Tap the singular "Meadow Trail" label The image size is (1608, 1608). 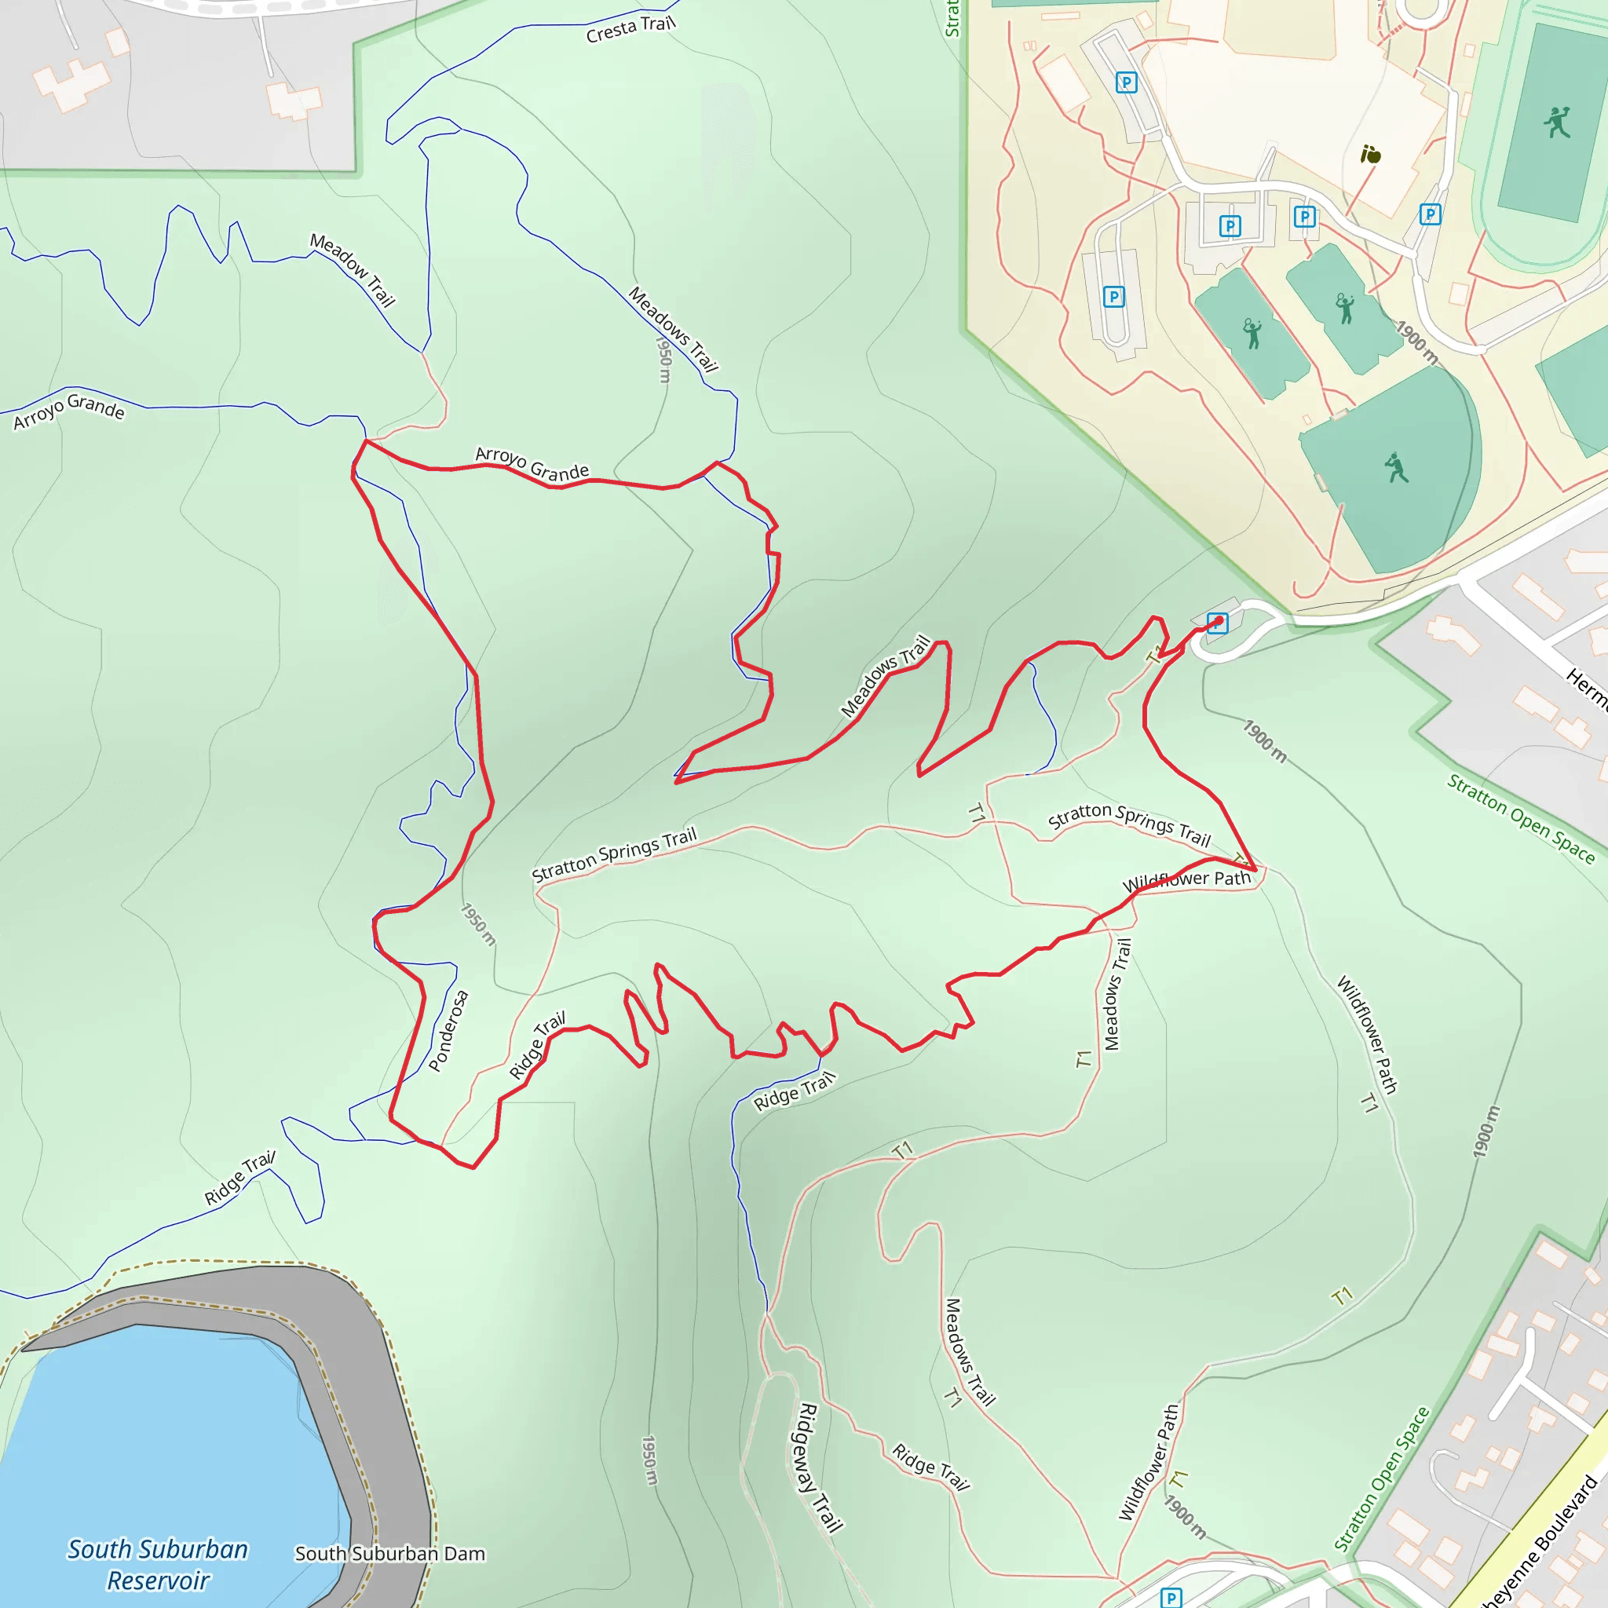[x=352, y=269]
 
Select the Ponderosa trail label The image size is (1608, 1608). [x=448, y=1030]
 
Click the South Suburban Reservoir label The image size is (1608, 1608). [x=158, y=1564]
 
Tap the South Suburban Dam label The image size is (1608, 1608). [x=389, y=1553]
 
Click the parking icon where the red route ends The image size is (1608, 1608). [x=1217, y=623]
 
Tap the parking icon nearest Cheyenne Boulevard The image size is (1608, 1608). [x=1170, y=1597]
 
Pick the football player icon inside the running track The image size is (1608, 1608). [x=1556, y=122]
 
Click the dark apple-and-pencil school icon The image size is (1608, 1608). [x=1370, y=154]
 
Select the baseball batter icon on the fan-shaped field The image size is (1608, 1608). [x=1396, y=468]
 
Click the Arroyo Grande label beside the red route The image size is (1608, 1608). [x=532, y=463]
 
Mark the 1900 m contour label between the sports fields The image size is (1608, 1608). [x=1416, y=342]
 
